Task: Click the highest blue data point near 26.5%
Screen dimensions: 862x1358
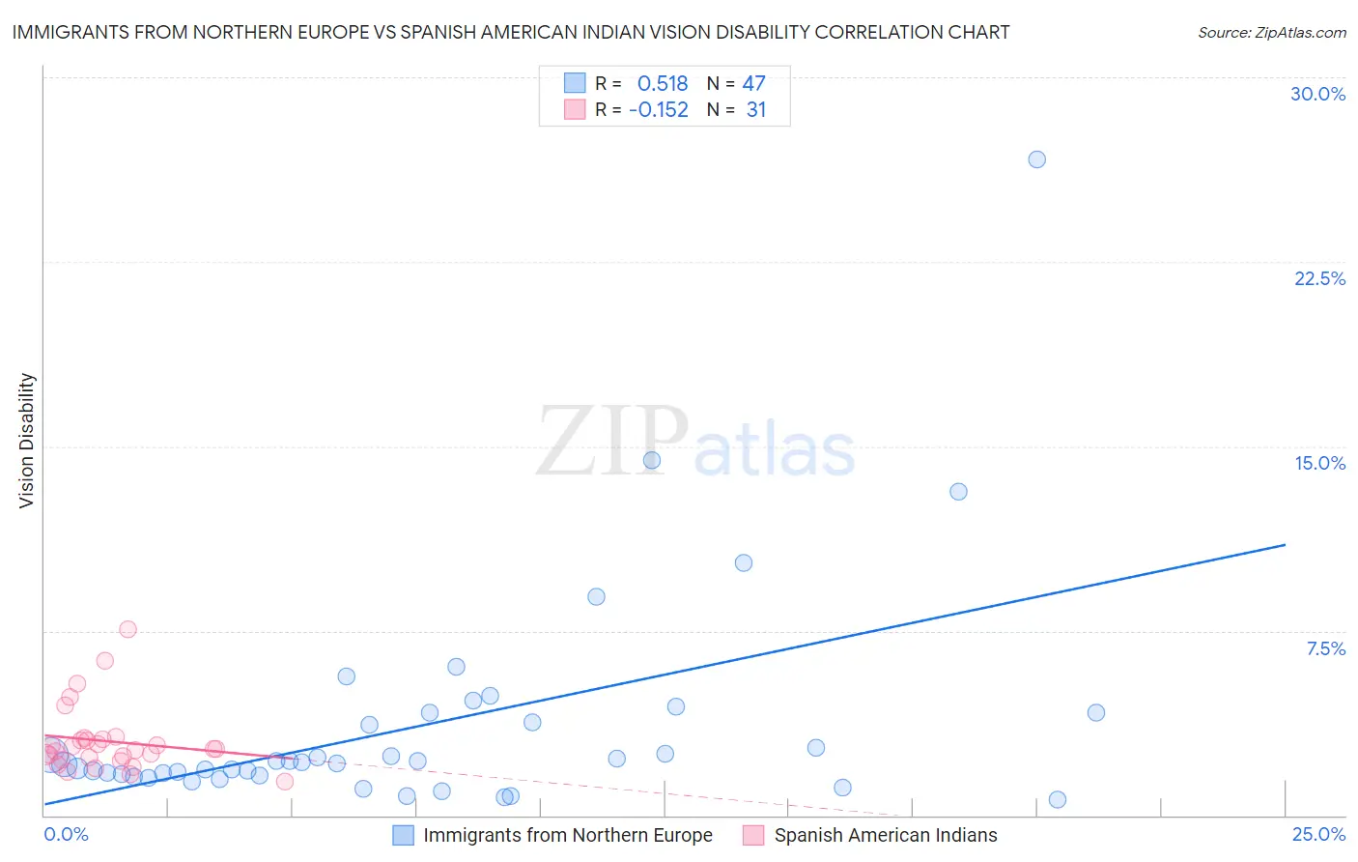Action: tap(1036, 159)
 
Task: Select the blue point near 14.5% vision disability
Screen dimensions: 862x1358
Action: tap(652, 460)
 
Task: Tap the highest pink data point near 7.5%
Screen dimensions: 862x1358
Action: tap(127, 629)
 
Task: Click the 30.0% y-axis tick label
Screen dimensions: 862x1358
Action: tap(1317, 94)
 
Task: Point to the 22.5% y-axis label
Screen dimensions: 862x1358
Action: tap(1319, 278)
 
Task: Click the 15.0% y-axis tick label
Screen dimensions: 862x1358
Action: tap(1319, 463)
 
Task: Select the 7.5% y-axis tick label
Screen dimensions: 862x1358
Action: tap(1325, 648)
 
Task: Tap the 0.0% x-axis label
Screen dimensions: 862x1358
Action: tap(66, 834)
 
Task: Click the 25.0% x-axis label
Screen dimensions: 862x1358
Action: tap(1318, 834)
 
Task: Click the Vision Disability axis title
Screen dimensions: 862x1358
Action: tap(27, 441)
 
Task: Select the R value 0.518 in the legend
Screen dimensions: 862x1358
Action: tap(663, 83)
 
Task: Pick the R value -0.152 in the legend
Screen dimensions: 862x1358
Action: tap(659, 110)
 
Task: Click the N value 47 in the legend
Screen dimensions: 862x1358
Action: tap(753, 83)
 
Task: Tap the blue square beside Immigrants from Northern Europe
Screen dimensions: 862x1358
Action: tap(404, 835)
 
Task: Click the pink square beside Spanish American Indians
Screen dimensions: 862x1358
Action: tap(753, 835)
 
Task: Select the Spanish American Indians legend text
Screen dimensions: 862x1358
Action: tap(886, 835)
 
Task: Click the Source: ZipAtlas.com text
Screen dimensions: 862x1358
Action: tap(1271, 32)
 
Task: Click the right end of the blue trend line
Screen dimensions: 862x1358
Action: tap(1285, 545)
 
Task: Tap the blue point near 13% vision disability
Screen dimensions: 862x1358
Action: tap(958, 491)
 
